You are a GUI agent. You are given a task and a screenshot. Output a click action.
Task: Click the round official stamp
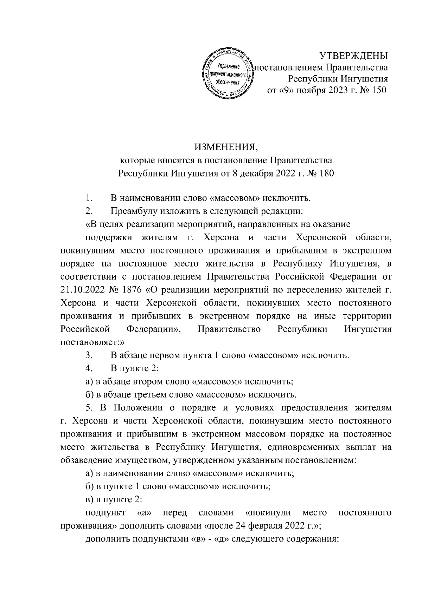229,74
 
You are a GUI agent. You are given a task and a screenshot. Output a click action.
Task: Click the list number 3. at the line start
89,355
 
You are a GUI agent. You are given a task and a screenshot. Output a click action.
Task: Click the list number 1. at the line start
89,198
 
